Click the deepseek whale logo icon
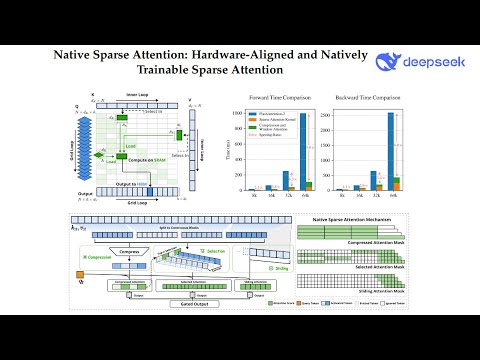point(385,66)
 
